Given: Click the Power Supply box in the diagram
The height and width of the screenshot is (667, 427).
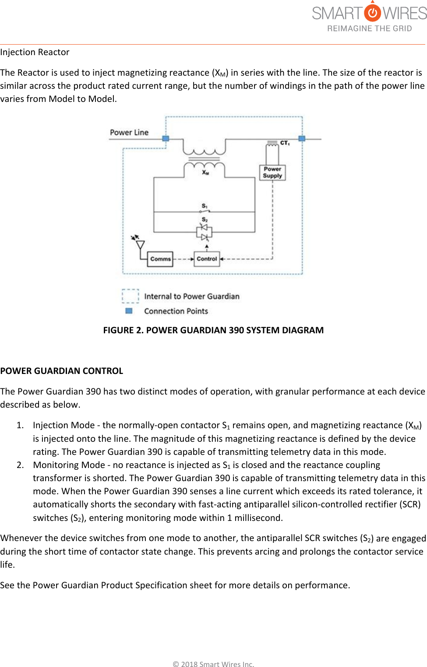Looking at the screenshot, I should point(272,172).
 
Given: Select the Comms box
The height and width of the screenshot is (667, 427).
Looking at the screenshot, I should point(160,259).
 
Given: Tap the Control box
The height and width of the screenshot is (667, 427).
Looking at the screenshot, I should point(207,259).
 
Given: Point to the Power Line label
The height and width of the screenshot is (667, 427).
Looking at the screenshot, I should point(129,133).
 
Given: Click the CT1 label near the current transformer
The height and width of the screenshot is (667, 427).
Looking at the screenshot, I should point(285,143).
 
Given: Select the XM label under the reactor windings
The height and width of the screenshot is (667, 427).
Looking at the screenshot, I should point(205,172).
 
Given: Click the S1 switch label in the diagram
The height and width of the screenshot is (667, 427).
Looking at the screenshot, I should point(205,206).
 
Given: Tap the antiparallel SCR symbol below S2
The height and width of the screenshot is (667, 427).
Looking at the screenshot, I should point(204,232).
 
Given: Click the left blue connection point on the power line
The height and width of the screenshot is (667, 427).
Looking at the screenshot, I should point(166,139).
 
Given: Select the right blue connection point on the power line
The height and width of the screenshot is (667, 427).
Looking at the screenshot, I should point(302,139).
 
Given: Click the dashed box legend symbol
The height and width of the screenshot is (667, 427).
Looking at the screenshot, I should point(130,296).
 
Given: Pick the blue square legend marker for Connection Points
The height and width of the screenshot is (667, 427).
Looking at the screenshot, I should point(129,311).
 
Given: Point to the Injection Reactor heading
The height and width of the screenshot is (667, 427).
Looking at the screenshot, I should point(35,52).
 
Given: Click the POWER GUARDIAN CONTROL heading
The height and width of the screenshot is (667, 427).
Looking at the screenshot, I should point(62,371).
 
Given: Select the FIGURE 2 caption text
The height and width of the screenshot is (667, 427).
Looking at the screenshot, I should point(213,330).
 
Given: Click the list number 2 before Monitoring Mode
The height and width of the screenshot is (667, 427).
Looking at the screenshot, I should point(20,465).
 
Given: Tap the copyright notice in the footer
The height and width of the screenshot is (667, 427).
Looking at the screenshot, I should point(213,664).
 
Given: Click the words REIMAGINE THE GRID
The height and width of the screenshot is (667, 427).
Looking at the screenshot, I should point(370,29).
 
